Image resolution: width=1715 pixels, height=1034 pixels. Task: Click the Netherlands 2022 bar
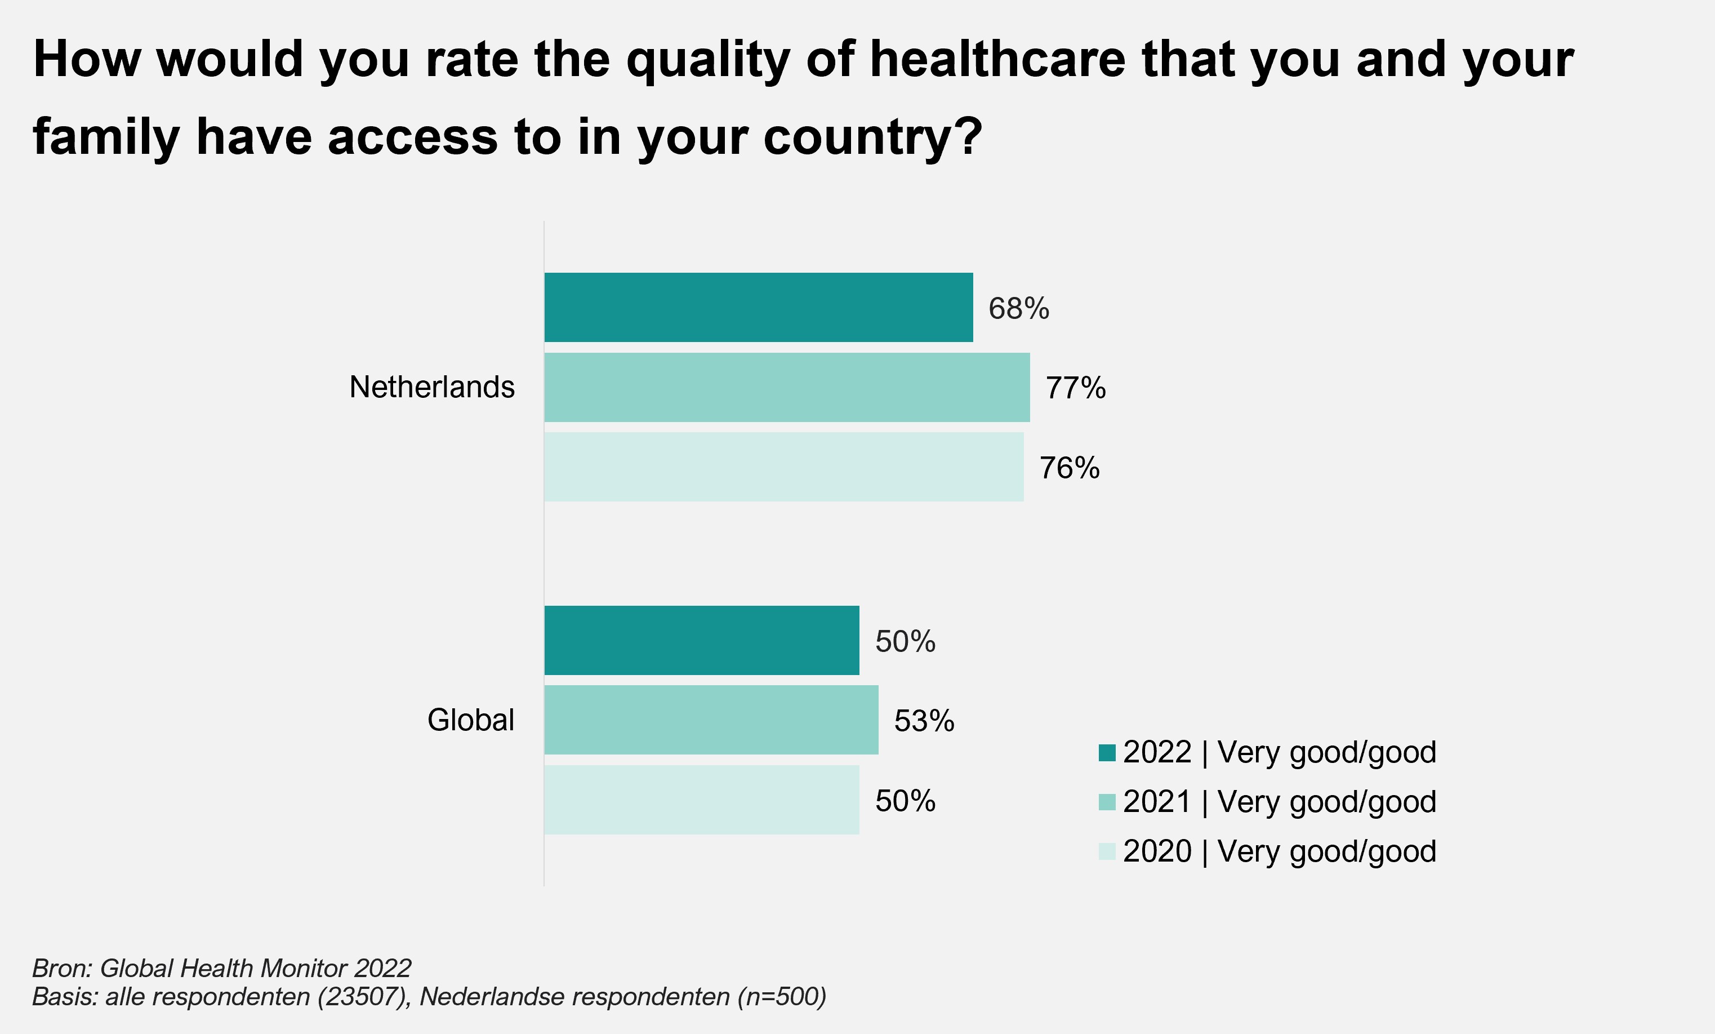coord(758,307)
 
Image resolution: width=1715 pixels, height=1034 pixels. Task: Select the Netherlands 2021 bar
coord(786,387)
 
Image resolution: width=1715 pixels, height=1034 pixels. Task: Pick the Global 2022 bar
coord(702,640)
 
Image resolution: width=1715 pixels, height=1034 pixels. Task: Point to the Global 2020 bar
coord(702,800)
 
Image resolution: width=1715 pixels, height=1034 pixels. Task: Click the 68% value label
coord(1018,308)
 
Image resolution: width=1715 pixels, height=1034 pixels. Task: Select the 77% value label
coord(1075,388)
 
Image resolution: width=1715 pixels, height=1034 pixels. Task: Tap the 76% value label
coord(1069,468)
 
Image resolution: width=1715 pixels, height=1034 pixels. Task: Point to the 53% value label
coord(924,721)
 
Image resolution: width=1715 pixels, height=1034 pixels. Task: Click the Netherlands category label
coord(431,387)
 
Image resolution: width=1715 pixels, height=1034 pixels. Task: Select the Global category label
coord(470,720)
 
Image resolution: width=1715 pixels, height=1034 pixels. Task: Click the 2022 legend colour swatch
coord(1107,753)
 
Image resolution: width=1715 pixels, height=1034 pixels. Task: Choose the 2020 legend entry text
coord(1279,851)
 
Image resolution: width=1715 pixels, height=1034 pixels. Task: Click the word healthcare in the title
coord(997,59)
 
